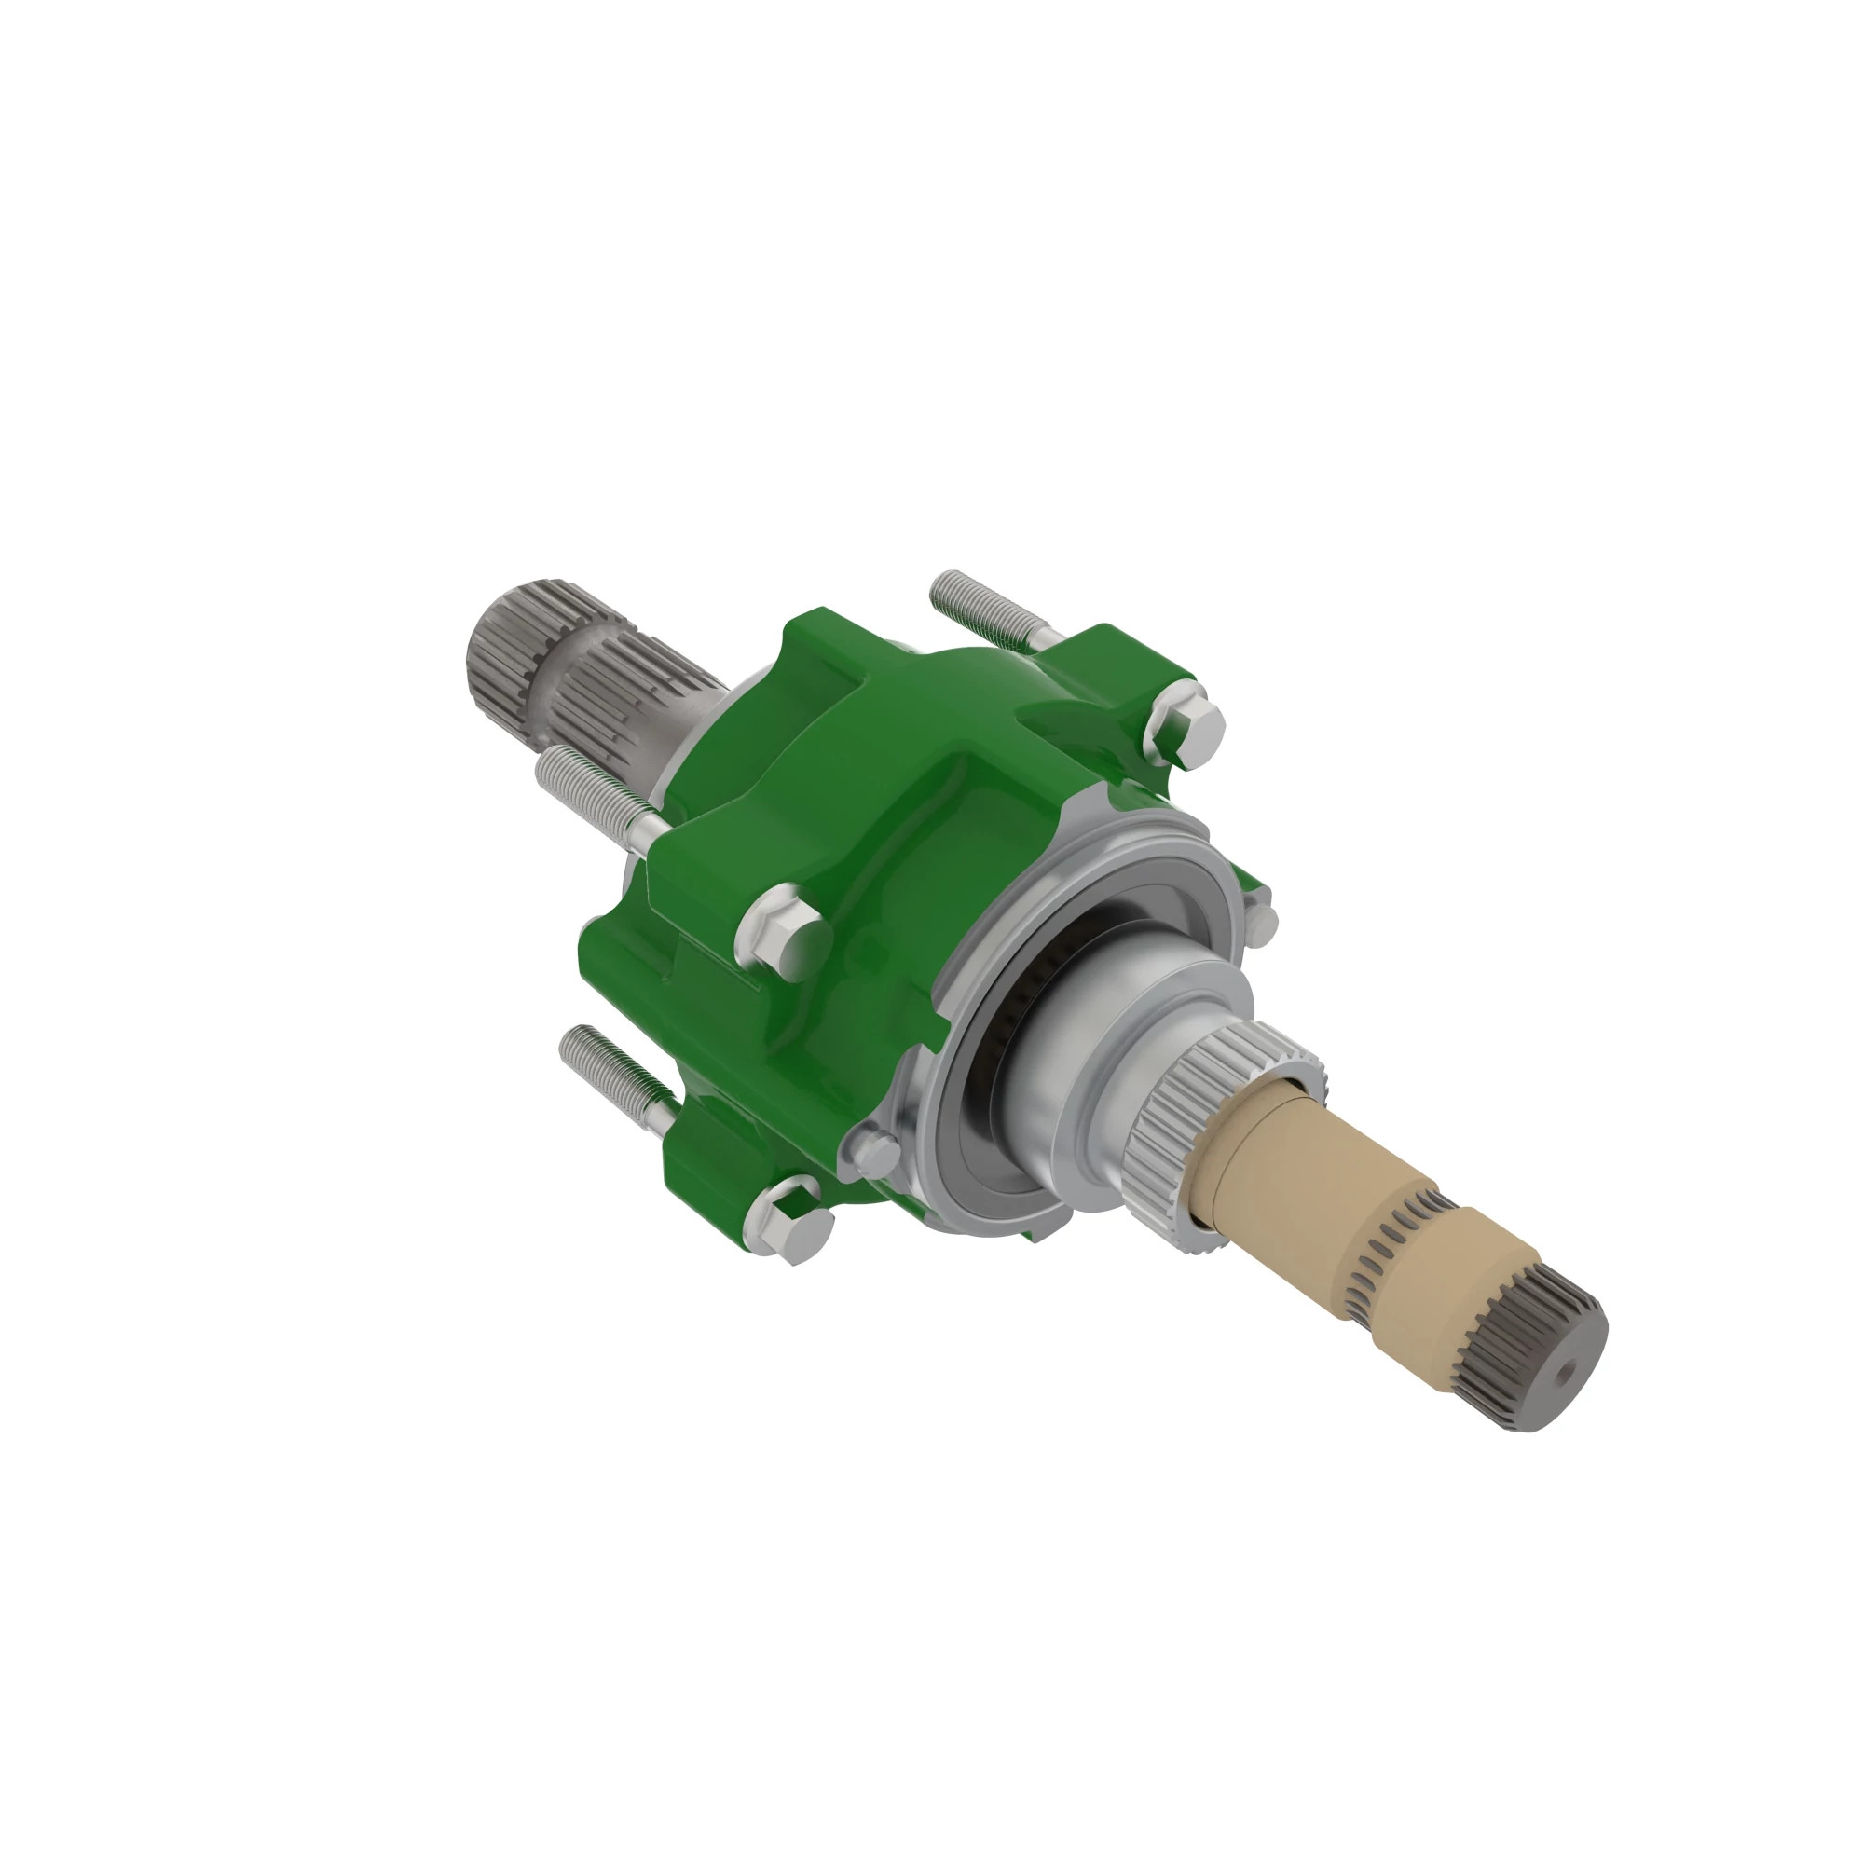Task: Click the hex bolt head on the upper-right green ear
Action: click(1186, 721)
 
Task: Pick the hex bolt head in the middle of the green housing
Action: click(784, 925)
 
